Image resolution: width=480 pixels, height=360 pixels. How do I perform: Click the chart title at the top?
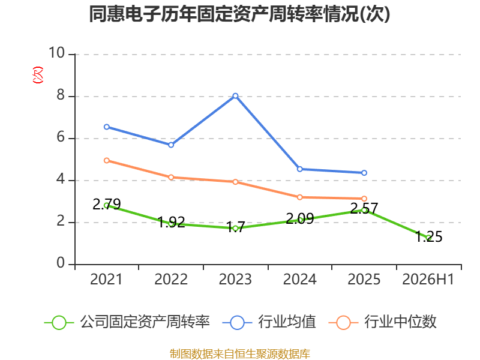click(239, 14)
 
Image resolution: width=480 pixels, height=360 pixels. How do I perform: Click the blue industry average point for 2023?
click(235, 96)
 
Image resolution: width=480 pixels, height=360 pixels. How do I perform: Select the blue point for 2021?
click(107, 127)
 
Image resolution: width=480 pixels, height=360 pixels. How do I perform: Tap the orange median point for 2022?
click(171, 177)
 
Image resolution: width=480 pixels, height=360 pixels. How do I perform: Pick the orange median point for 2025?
click(364, 199)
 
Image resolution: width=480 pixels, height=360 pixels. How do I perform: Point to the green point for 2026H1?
click(428, 238)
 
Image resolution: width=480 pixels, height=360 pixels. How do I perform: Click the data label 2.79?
click(107, 204)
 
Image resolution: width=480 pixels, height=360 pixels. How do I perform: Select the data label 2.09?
click(299, 218)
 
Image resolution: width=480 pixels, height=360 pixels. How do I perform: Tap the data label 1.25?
click(428, 236)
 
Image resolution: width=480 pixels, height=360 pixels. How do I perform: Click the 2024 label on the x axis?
click(299, 279)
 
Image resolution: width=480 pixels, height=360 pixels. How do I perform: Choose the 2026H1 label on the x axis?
click(428, 279)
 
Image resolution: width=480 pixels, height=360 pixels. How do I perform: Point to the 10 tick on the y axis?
click(57, 53)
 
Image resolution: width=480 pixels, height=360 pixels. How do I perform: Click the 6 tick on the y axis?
click(61, 137)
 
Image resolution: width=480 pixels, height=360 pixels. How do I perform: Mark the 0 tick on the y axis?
click(61, 263)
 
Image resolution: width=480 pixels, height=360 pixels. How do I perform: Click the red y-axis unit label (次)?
click(38, 75)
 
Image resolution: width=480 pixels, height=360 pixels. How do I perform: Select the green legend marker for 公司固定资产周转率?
click(59, 323)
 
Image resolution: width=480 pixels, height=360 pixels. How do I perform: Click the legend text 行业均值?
click(287, 322)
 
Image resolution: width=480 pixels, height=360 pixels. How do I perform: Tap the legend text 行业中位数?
click(400, 322)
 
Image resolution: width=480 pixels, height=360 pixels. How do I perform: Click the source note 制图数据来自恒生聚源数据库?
click(239, 353)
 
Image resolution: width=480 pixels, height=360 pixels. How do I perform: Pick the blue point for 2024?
click(299, 169)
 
